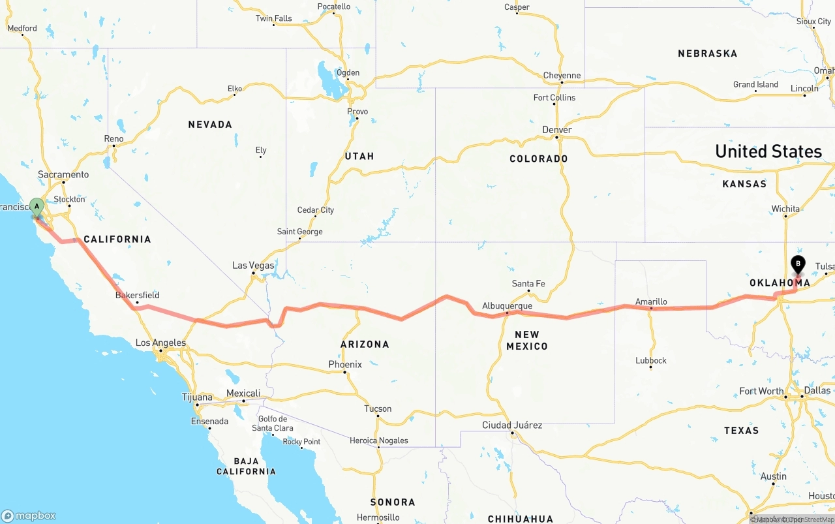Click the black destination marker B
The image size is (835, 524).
797,264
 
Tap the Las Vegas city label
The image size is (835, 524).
254,266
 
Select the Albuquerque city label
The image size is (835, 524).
507,305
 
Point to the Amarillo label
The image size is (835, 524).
651,301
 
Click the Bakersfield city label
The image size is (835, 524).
137,295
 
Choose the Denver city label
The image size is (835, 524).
557,130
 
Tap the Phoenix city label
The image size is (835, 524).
345,364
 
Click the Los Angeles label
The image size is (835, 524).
160,343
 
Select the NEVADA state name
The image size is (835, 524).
210,124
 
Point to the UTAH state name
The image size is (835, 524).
359,156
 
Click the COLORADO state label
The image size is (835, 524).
539,159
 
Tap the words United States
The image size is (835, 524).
768,151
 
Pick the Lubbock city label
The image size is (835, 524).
651,360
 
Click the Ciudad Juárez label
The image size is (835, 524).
512,425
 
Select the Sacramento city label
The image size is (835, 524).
63,174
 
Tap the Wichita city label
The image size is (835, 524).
785,209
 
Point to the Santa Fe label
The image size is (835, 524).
528,283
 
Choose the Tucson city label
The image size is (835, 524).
378,409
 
